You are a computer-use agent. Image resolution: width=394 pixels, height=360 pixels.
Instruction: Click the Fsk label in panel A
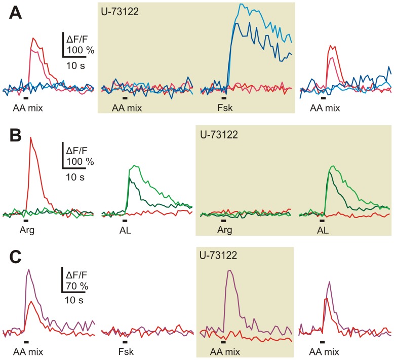coord(223,107)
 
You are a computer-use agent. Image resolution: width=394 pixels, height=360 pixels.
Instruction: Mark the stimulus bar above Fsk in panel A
coord(223,98)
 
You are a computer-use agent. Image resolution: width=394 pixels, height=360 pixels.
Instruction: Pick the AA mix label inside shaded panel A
coord(127,107)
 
